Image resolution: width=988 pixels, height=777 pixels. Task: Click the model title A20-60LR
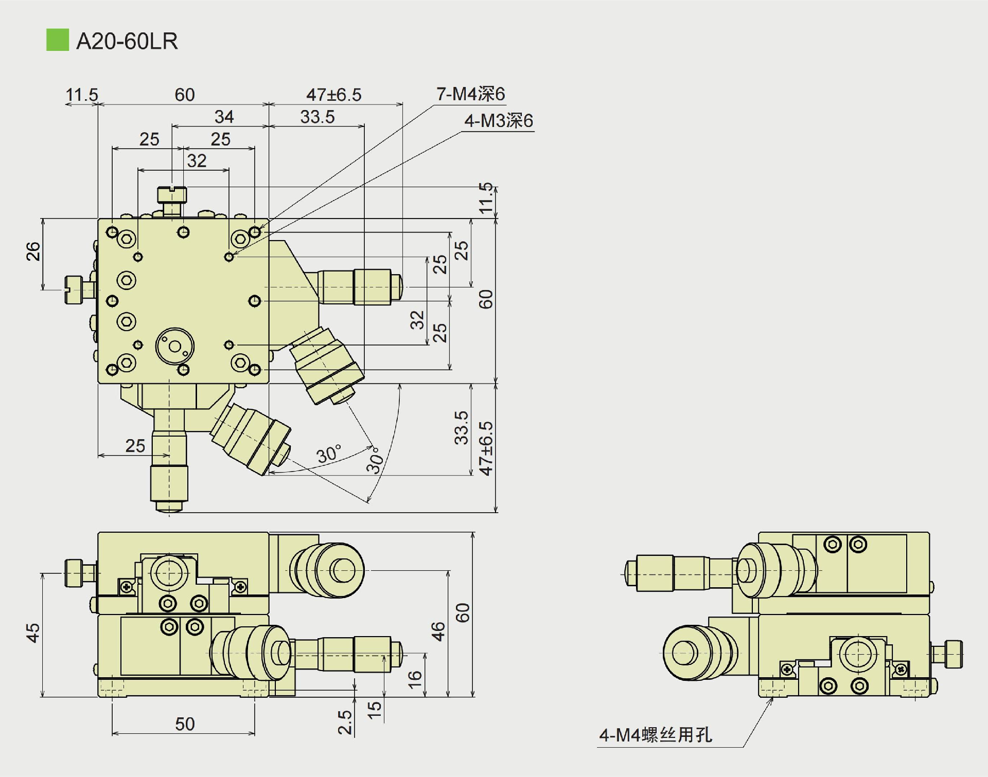pos(127,41)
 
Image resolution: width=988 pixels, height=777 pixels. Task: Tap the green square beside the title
pos(57,40)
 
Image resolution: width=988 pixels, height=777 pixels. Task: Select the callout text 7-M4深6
pos(470,94)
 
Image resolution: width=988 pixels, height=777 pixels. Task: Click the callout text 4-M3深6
pos(498,121)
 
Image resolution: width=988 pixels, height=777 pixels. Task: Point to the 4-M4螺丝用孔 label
pos(656,735)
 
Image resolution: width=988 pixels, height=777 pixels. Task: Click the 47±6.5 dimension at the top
pos(333,95)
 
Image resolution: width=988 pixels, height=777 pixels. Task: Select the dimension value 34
pos(224,117)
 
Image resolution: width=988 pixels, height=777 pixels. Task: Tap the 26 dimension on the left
pos(33,251)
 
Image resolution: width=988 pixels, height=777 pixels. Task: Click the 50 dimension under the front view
pos(185,724)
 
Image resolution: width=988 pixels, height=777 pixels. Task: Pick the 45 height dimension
pos(33,633)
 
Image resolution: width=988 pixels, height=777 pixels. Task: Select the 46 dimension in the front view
pos(438,631)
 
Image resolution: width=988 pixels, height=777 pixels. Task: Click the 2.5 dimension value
pos(345,722)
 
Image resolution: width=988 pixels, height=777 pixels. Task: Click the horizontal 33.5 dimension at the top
pos(317,117)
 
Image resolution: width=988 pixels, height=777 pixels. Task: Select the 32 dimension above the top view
pos(197,161)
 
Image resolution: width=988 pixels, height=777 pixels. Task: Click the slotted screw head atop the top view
pos(172,195)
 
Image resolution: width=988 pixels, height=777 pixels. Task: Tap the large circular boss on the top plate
pos(175,346)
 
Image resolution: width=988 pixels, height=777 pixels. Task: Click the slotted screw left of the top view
pos(74,290)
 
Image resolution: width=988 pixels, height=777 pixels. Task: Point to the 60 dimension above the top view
pos(184,95)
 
